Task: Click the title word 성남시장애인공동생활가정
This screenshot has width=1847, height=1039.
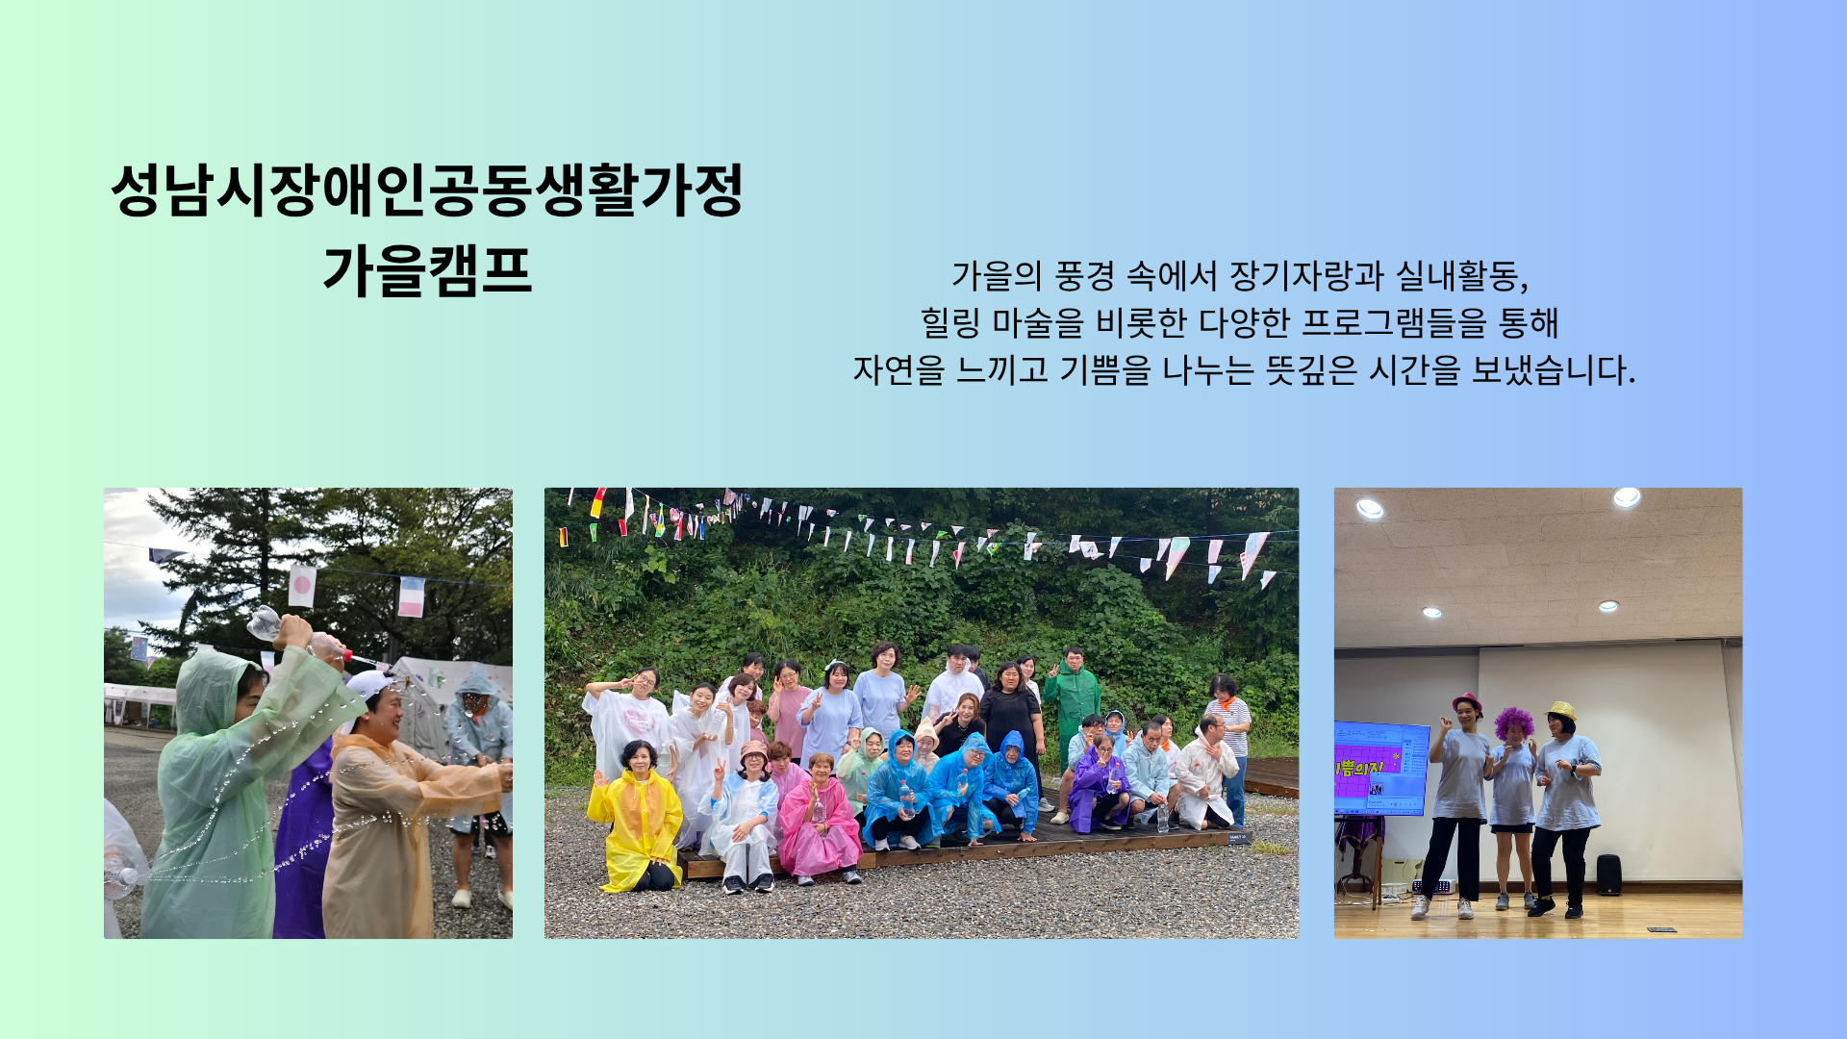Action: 427,190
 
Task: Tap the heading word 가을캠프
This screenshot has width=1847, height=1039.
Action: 427,270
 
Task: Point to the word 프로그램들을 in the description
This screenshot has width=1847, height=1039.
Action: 1394,323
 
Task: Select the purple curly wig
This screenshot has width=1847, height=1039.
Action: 1514,723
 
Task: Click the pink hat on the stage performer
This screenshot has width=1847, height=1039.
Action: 1466,700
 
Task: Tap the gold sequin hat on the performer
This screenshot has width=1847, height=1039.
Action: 1560,710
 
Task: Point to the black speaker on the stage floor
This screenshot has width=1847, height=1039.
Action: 1608,874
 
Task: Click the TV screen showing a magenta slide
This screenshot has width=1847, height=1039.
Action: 1381,769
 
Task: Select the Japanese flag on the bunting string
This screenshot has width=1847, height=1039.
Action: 302,586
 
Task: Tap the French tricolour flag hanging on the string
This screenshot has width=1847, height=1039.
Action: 412,596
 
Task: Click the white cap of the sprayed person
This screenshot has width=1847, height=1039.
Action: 368,685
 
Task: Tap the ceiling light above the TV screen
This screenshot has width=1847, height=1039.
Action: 1370,509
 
